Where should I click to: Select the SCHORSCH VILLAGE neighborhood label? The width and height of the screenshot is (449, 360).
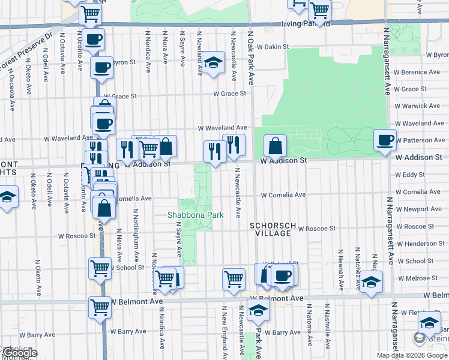pyautogui.click(x=273, y=229)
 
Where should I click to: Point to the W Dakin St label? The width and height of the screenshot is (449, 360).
pyautogui.click(x=270, y=46)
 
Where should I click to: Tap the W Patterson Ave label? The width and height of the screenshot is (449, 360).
pyautogui.click(x=423, y=140)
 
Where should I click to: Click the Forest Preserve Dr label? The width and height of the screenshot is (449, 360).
pyautogui.click(x=27, y=52)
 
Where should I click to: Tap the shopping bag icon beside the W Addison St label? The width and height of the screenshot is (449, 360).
pyautogui.click(x=275, y=145)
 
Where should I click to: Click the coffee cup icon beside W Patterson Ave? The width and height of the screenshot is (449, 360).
pyautogui.click(x=385, y=140)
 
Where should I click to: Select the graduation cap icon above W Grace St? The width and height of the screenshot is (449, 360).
pyautogui.click(x=212, y=62)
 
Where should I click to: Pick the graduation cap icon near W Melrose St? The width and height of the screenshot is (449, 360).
pyautogui.click(x=372, y=281)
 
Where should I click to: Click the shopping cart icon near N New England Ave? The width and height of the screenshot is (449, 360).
pyautogui.click(x=234, y=278)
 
